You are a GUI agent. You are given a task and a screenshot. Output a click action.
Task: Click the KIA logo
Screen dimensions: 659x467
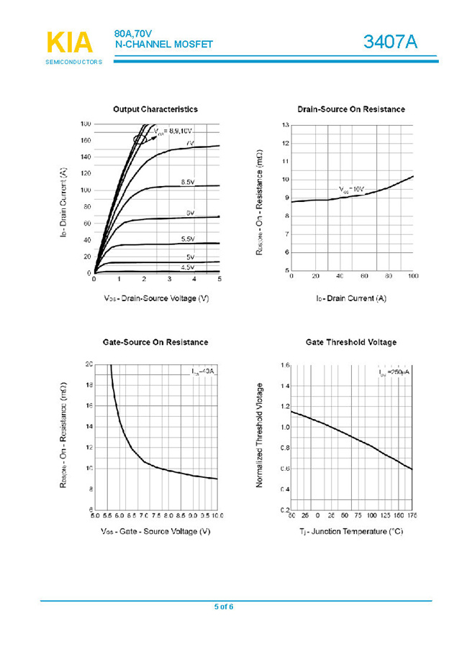tap(70, 43)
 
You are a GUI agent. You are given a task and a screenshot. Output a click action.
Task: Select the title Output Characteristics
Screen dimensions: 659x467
tap(155, 109)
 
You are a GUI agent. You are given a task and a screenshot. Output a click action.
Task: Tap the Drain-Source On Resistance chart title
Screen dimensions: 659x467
tap(351, 109)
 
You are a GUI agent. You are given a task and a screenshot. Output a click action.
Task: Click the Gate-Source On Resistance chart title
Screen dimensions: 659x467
tap(155, 342)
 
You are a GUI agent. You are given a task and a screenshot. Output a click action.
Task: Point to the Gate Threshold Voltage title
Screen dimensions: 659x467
tap(351, 342)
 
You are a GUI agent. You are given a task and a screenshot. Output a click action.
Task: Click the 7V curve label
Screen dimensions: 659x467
tap(190, 144)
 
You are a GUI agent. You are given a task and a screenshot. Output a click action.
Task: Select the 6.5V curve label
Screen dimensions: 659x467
tap(187, 183)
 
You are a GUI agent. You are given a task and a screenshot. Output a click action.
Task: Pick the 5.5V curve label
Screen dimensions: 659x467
tap(187, 239)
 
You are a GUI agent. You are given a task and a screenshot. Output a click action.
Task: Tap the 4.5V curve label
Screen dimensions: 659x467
tap(187, 267)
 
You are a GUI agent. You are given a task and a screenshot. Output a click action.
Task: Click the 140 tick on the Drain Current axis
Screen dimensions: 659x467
tap(86, 157)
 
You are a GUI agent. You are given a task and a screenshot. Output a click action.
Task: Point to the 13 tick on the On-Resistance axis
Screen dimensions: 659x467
tap(286, 126)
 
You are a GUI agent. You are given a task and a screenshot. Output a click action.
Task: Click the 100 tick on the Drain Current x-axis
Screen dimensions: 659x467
tap(413, 277)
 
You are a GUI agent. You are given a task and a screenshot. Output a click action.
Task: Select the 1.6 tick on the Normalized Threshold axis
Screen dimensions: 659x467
tap(285, 366)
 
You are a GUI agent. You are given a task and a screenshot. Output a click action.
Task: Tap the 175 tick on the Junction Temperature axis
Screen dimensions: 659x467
tap(412, 516)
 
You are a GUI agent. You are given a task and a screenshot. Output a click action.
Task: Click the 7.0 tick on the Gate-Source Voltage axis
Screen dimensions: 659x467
tap(144, 516)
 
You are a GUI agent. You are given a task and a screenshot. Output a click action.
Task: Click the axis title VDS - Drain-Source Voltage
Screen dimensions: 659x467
tap(156, 298)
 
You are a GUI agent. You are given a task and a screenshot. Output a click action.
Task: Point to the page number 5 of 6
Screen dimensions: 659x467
tap(224, 607)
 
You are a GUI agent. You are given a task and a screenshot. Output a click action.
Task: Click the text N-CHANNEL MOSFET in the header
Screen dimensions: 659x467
tap(164, 45)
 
